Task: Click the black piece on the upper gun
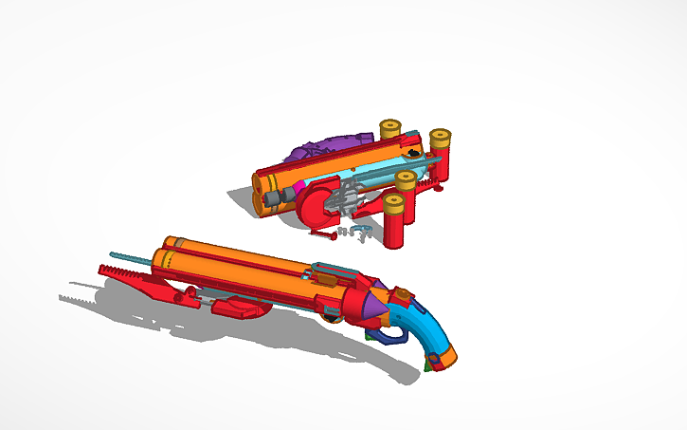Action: click(x=414, y=153)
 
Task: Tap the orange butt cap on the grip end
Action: click(x=446, y=358)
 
